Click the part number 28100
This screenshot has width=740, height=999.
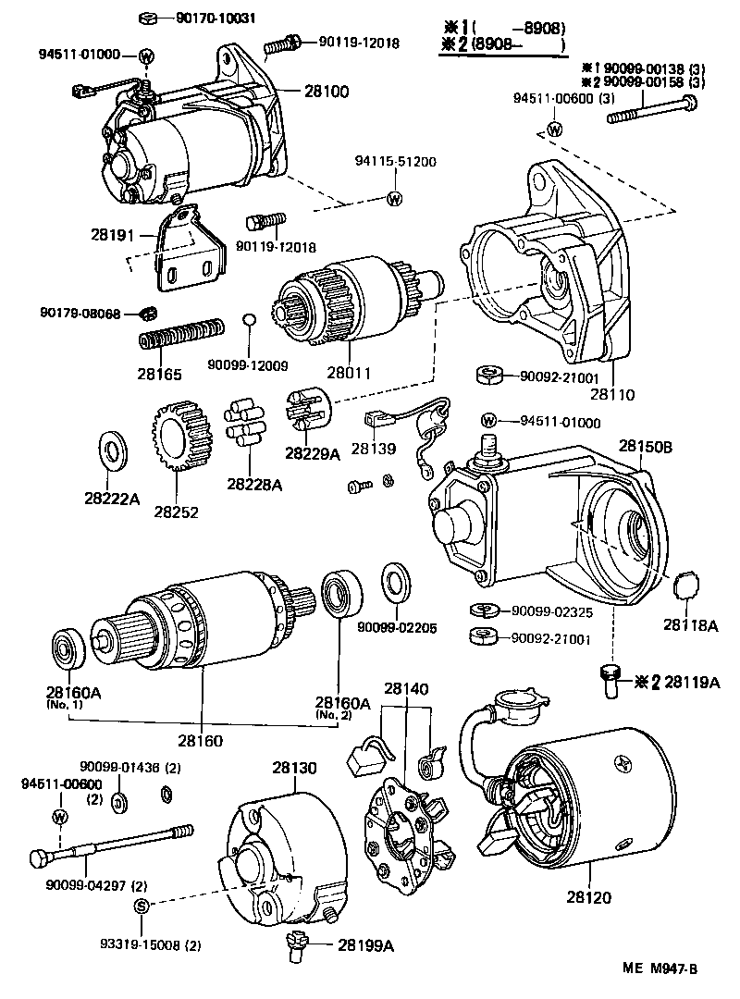click(x=325, y=91)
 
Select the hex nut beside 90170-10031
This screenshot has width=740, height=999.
click(x=148, y=18)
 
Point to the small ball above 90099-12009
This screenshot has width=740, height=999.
click(x=247, y=320)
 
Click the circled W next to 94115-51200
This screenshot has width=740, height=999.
click(x=395, y=198)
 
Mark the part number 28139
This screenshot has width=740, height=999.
click(x=373, y=448)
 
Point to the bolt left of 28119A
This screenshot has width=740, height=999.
click(x=610, y=682)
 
